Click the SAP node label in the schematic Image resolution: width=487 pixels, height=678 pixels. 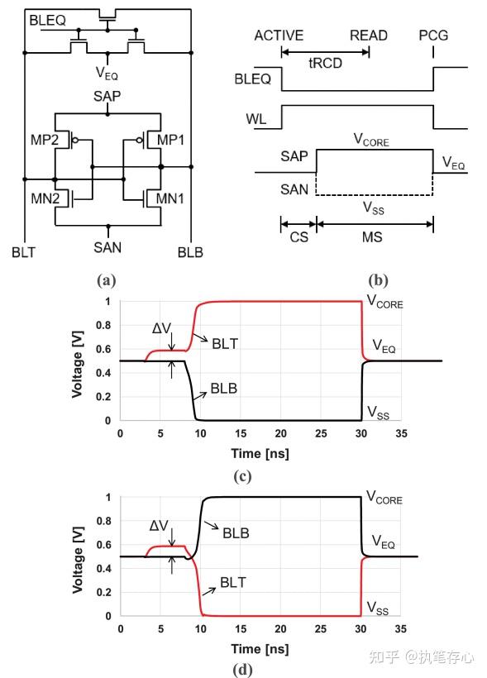[107, 97]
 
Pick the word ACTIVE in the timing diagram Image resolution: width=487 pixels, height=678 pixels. [279, 36]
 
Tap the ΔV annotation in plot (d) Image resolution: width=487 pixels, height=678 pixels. [160, 524]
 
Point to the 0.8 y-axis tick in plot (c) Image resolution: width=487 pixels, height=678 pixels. [103, 325]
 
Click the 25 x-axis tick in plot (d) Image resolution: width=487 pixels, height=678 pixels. [320, 629]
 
